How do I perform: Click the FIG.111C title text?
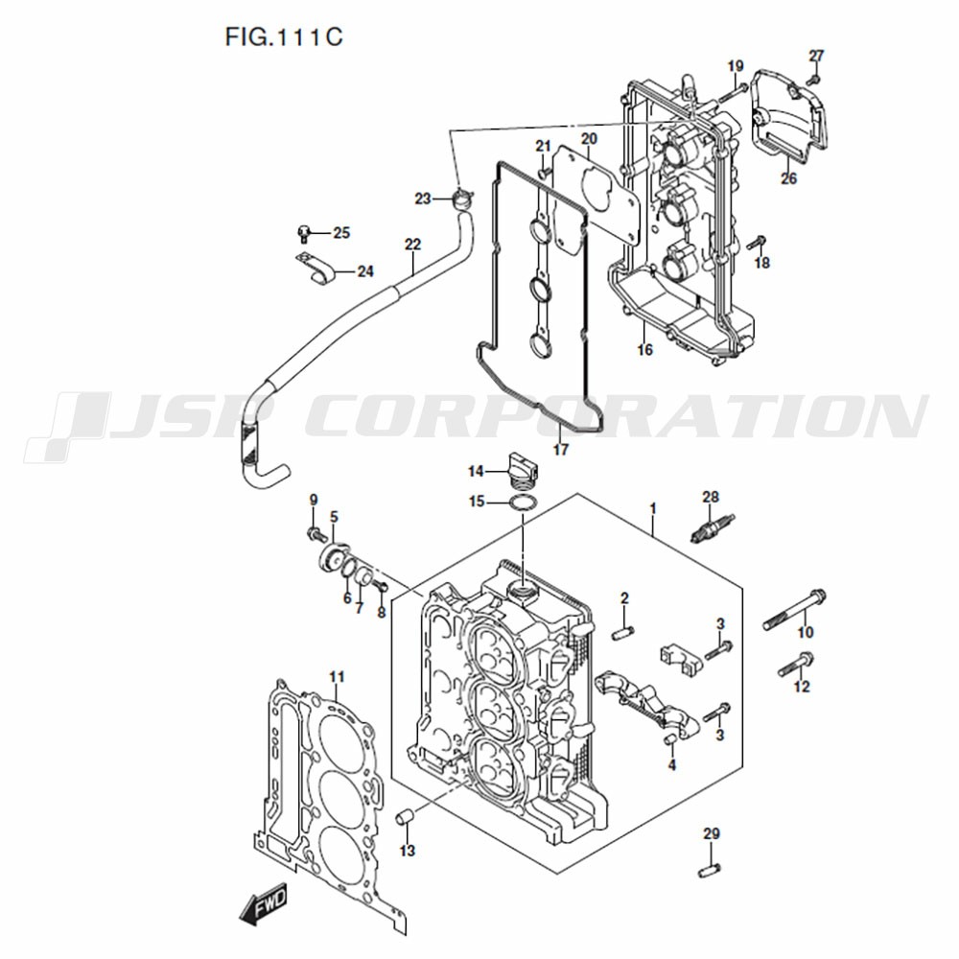coord(284,37)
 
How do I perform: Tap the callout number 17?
coord(561,450)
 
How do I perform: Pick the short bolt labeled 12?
coord(796,665)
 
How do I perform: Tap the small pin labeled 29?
coord(710,869)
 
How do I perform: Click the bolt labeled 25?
coord(303,233)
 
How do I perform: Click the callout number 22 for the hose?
coord(412,246)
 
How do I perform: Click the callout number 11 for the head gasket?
coord(337,676)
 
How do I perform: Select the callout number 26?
coord(789,178)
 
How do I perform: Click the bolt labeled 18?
coord(758,242)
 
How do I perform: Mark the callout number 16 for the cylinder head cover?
coord(645,350)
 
